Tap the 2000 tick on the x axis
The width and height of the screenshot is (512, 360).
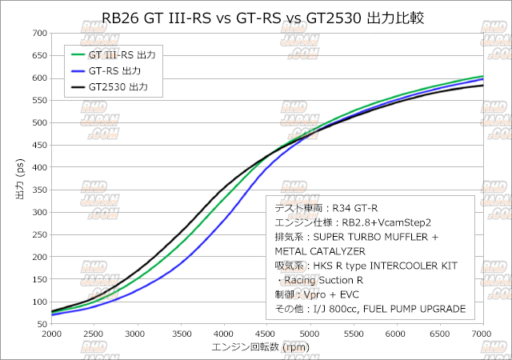pos(51,334)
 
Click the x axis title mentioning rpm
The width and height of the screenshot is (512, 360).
pos(260,348)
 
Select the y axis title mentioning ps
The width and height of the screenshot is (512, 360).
pos(19,179)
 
